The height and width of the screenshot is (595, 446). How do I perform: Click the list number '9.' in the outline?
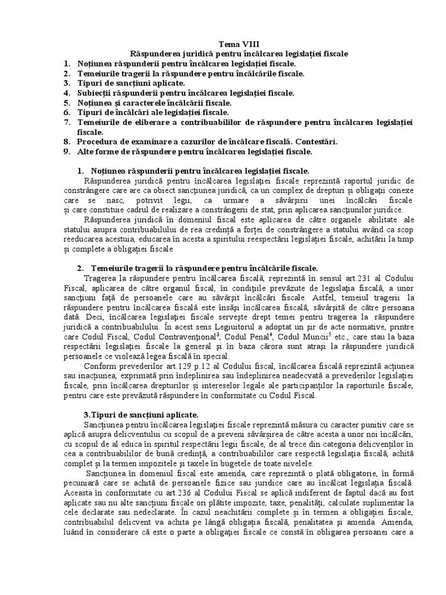(x=67, y=152)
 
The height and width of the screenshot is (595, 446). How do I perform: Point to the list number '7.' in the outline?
(x=67, y=122)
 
